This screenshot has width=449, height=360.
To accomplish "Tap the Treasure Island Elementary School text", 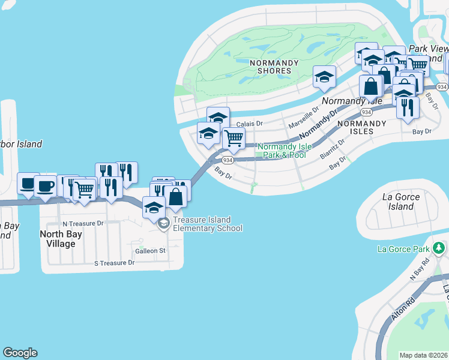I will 208,224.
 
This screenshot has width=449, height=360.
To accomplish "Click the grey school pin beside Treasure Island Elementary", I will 163,224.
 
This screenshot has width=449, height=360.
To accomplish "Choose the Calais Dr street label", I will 250,124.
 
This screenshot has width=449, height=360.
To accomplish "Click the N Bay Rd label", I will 420,268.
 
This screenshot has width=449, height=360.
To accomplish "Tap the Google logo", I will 20,353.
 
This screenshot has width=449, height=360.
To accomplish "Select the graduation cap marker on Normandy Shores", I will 324,77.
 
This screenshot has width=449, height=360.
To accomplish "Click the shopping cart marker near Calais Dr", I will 233,138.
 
